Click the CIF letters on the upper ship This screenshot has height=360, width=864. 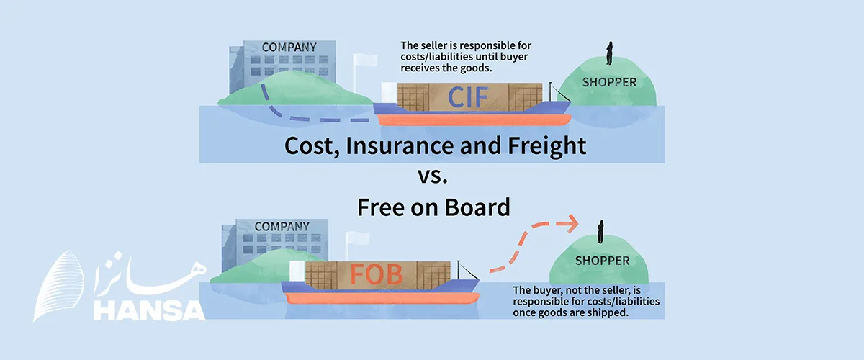tap(469, 96)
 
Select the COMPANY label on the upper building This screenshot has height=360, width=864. tap(289, 48)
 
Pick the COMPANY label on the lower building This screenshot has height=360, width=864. tap(282, 226)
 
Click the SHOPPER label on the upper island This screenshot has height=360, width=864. tap(609, 82)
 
